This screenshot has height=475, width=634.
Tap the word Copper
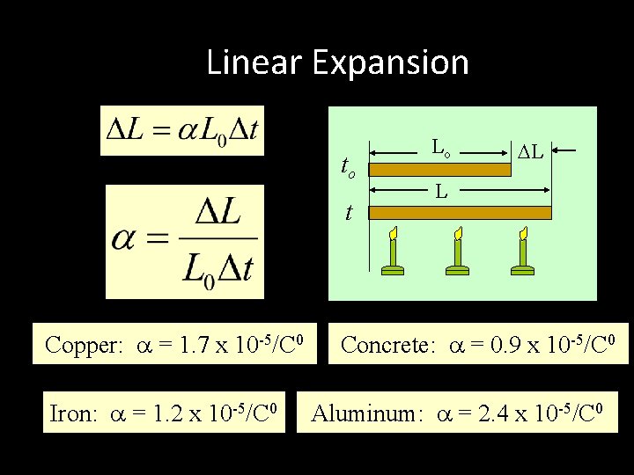pyautogui.click(x=83, y=346)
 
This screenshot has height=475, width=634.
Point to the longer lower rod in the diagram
pyautogui.click(x=459, y=213)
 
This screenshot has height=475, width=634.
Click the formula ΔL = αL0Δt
pyautogui.click(x=182, y=130)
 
